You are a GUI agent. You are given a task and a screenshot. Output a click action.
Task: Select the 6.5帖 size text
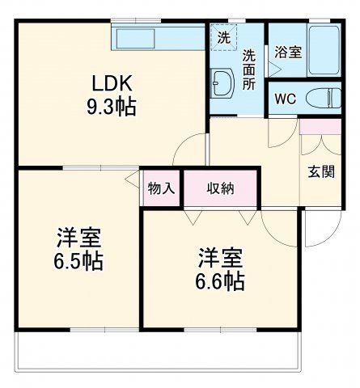78,262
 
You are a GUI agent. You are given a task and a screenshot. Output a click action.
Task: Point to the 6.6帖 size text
221,281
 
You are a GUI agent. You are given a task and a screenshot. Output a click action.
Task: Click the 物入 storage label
161,188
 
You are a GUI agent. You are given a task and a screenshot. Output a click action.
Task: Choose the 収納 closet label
220,188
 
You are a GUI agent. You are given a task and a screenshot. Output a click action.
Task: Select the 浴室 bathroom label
288,53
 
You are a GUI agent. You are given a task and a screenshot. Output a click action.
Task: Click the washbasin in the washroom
222,81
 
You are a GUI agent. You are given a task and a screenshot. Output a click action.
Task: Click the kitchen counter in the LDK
158,37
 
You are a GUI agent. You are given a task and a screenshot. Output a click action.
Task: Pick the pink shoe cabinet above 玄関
320,127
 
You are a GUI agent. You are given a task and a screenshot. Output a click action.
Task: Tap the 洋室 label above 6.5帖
78,238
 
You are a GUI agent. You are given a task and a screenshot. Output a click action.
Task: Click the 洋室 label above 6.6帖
221,259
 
